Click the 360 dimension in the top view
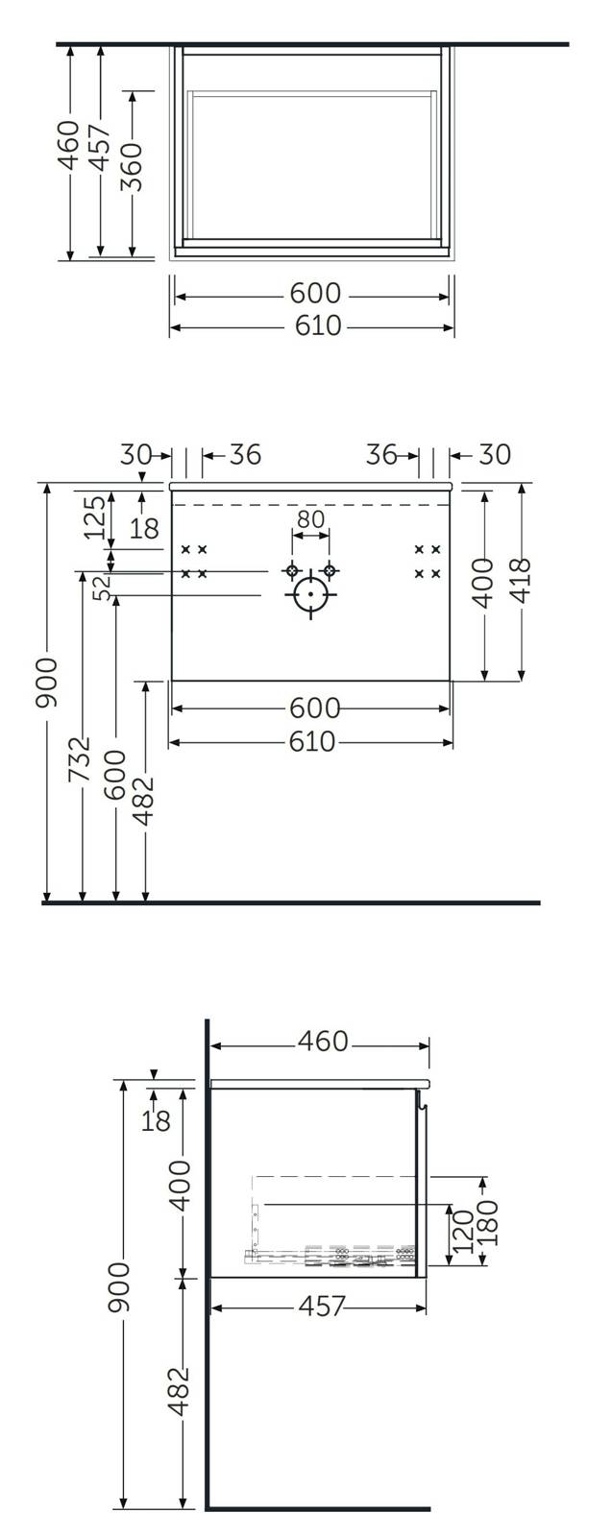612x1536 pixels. coord(131,167)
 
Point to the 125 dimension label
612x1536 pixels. coord(95,516)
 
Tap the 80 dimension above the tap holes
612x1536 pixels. coord(310,519)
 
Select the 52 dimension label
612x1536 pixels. coord(104,588)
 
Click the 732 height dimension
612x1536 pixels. coord(80,759)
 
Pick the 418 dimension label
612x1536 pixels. coord(522,581)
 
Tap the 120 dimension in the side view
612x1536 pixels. coord(463,1230)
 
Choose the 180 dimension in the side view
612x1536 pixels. coord(486,1223)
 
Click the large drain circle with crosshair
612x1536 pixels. coord(310,594)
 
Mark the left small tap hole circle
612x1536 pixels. coord(292,570)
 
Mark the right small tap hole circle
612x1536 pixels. coord(330,570)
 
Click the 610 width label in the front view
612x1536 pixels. coord(312,741)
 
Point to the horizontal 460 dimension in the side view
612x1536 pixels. coord(323,1041)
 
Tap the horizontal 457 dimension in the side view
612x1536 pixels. coord(322,1306)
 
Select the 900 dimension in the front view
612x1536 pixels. coord(46,683)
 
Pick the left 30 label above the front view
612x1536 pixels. coord(135,454)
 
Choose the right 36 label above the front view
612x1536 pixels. coord(381,454)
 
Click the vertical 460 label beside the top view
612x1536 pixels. coord(68,145)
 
